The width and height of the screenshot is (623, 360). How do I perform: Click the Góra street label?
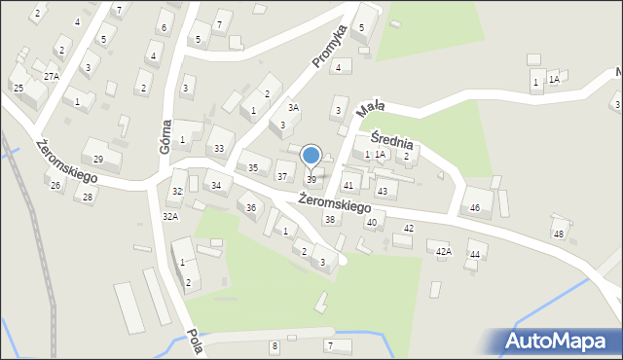pyautogui.click(x=165, y=131)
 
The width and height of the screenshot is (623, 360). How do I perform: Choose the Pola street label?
pyautogui.click(x=194, y=340)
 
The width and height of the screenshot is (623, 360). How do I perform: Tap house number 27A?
pyautogui.click(x=52, y=76)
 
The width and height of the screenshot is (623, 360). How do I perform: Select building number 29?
pyautogui.click(x=98, y=159)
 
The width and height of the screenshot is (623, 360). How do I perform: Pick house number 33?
pyautogui.click(x=219, y=149)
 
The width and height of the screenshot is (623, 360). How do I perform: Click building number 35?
pyautogui.click(x=253, y=168)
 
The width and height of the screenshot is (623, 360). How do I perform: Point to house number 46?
pyautogui.click(x=475, y=208)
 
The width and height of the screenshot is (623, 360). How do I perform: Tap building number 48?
pyautogui.click(x=559, y=234)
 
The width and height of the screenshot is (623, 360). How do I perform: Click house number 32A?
pyautogui.click(x=170, y=216)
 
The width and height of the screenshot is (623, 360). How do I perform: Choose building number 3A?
pyautogui.click(x=292, y=108)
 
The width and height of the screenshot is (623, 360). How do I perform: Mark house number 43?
pyautogui.click(x=383, y=191)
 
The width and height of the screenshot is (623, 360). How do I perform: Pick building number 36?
pyautogui.click(x=251, y=207)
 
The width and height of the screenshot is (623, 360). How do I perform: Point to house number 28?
pyautogui.click(x=88, y=198)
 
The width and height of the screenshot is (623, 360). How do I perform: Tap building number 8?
pyautogui.click(x=275, y=346)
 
